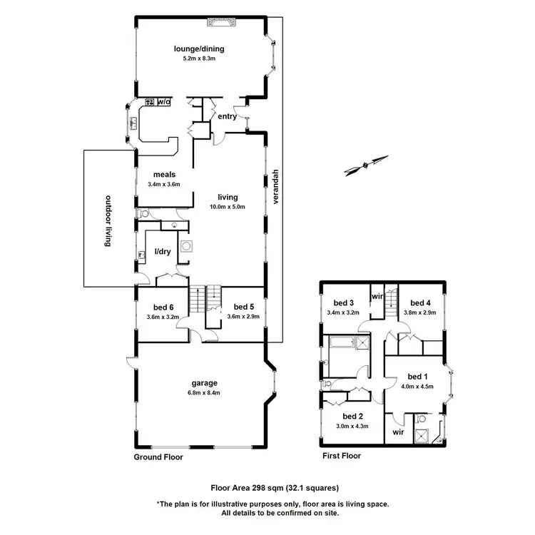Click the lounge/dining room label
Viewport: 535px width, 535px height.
(x=200, y=49)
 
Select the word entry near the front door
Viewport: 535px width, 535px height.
(x=228, y=116)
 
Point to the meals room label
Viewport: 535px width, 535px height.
(x=164, y=174)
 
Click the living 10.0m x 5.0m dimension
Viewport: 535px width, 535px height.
(x=228, y=207)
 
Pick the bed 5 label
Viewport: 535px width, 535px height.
(x=243, y=307)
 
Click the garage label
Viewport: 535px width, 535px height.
(x=204, y=382)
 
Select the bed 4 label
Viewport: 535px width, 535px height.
(x=422, y=303)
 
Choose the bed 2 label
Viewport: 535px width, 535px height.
(x=353, y=416)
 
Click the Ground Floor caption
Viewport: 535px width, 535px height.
(x=158, y=457)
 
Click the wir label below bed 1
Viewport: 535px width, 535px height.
(x=398, y=432)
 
